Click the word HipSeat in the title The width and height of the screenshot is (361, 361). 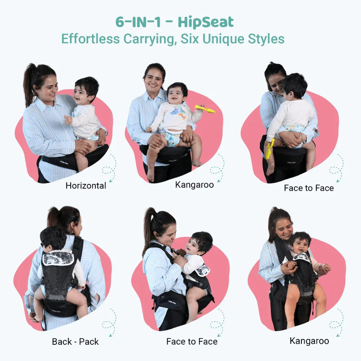click(x=206, y=22)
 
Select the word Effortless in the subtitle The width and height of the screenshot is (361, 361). click(x=91, y=39)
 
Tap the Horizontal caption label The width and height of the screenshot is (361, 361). click(x=86, y=186)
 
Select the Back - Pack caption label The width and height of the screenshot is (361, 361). click(x=75, y=342)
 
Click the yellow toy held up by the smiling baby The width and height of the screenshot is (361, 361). click(x=205, y=109)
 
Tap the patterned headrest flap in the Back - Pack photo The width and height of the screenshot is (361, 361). click(x=58, y=258)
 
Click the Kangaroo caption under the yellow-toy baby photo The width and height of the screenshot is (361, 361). click(x=194, y=185)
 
